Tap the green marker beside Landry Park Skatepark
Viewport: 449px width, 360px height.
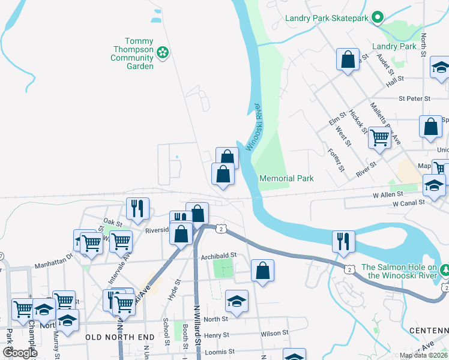click(x=378, y=17)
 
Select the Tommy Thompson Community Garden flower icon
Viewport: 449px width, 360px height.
click(x=161, y=53)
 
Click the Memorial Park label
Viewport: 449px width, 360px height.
click(x=286, y=178)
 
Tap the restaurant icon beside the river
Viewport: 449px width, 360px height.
click(x=343, y=241)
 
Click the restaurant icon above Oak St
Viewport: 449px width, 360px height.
click(x=137, y=208)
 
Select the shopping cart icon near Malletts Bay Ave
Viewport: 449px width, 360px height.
click(x=379, y=137)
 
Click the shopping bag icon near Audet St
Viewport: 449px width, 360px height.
click(x=348, y=59)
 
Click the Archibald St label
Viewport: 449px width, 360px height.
click(x=218, y=255)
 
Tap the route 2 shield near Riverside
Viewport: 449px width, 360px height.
click(x=221, y=229)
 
